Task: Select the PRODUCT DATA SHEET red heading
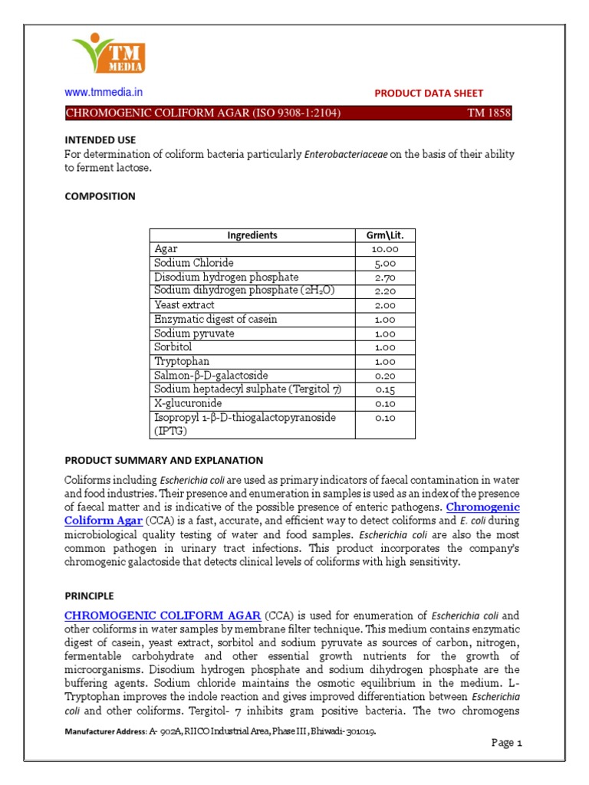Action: click(428, 93)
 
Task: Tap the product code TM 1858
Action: click(489, 113)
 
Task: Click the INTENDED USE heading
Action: click(100, 140)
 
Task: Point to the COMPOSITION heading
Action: click(100, 196)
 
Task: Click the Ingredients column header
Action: click(252, 235)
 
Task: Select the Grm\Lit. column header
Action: click(386, 235)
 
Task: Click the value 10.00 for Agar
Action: click(386, 249)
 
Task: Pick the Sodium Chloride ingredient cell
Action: click(194, 263)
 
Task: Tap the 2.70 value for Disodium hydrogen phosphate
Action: click(386, 277)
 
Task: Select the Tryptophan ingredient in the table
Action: click(182, 361)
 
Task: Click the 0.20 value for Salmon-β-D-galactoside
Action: click(386, 375)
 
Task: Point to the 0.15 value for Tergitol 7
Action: click(386, 389)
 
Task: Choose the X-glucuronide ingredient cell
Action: click(189, 403)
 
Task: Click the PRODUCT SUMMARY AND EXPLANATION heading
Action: click(163, 460)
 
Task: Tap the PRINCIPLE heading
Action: click(89, 595)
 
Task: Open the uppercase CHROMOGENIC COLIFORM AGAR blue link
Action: click(163, 616)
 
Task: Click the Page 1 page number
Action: click(506, 743)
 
